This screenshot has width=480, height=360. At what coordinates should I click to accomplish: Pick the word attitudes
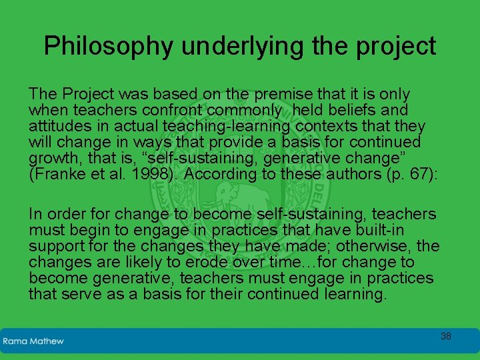[59, 126]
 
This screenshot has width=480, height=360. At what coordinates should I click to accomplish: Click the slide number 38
[445, 336]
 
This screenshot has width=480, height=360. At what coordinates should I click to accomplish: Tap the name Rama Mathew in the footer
[33, 341]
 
